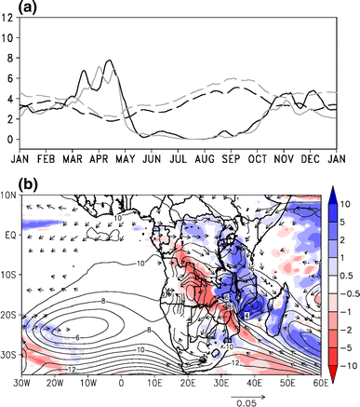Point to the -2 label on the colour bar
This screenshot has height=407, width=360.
tap(346, 315)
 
